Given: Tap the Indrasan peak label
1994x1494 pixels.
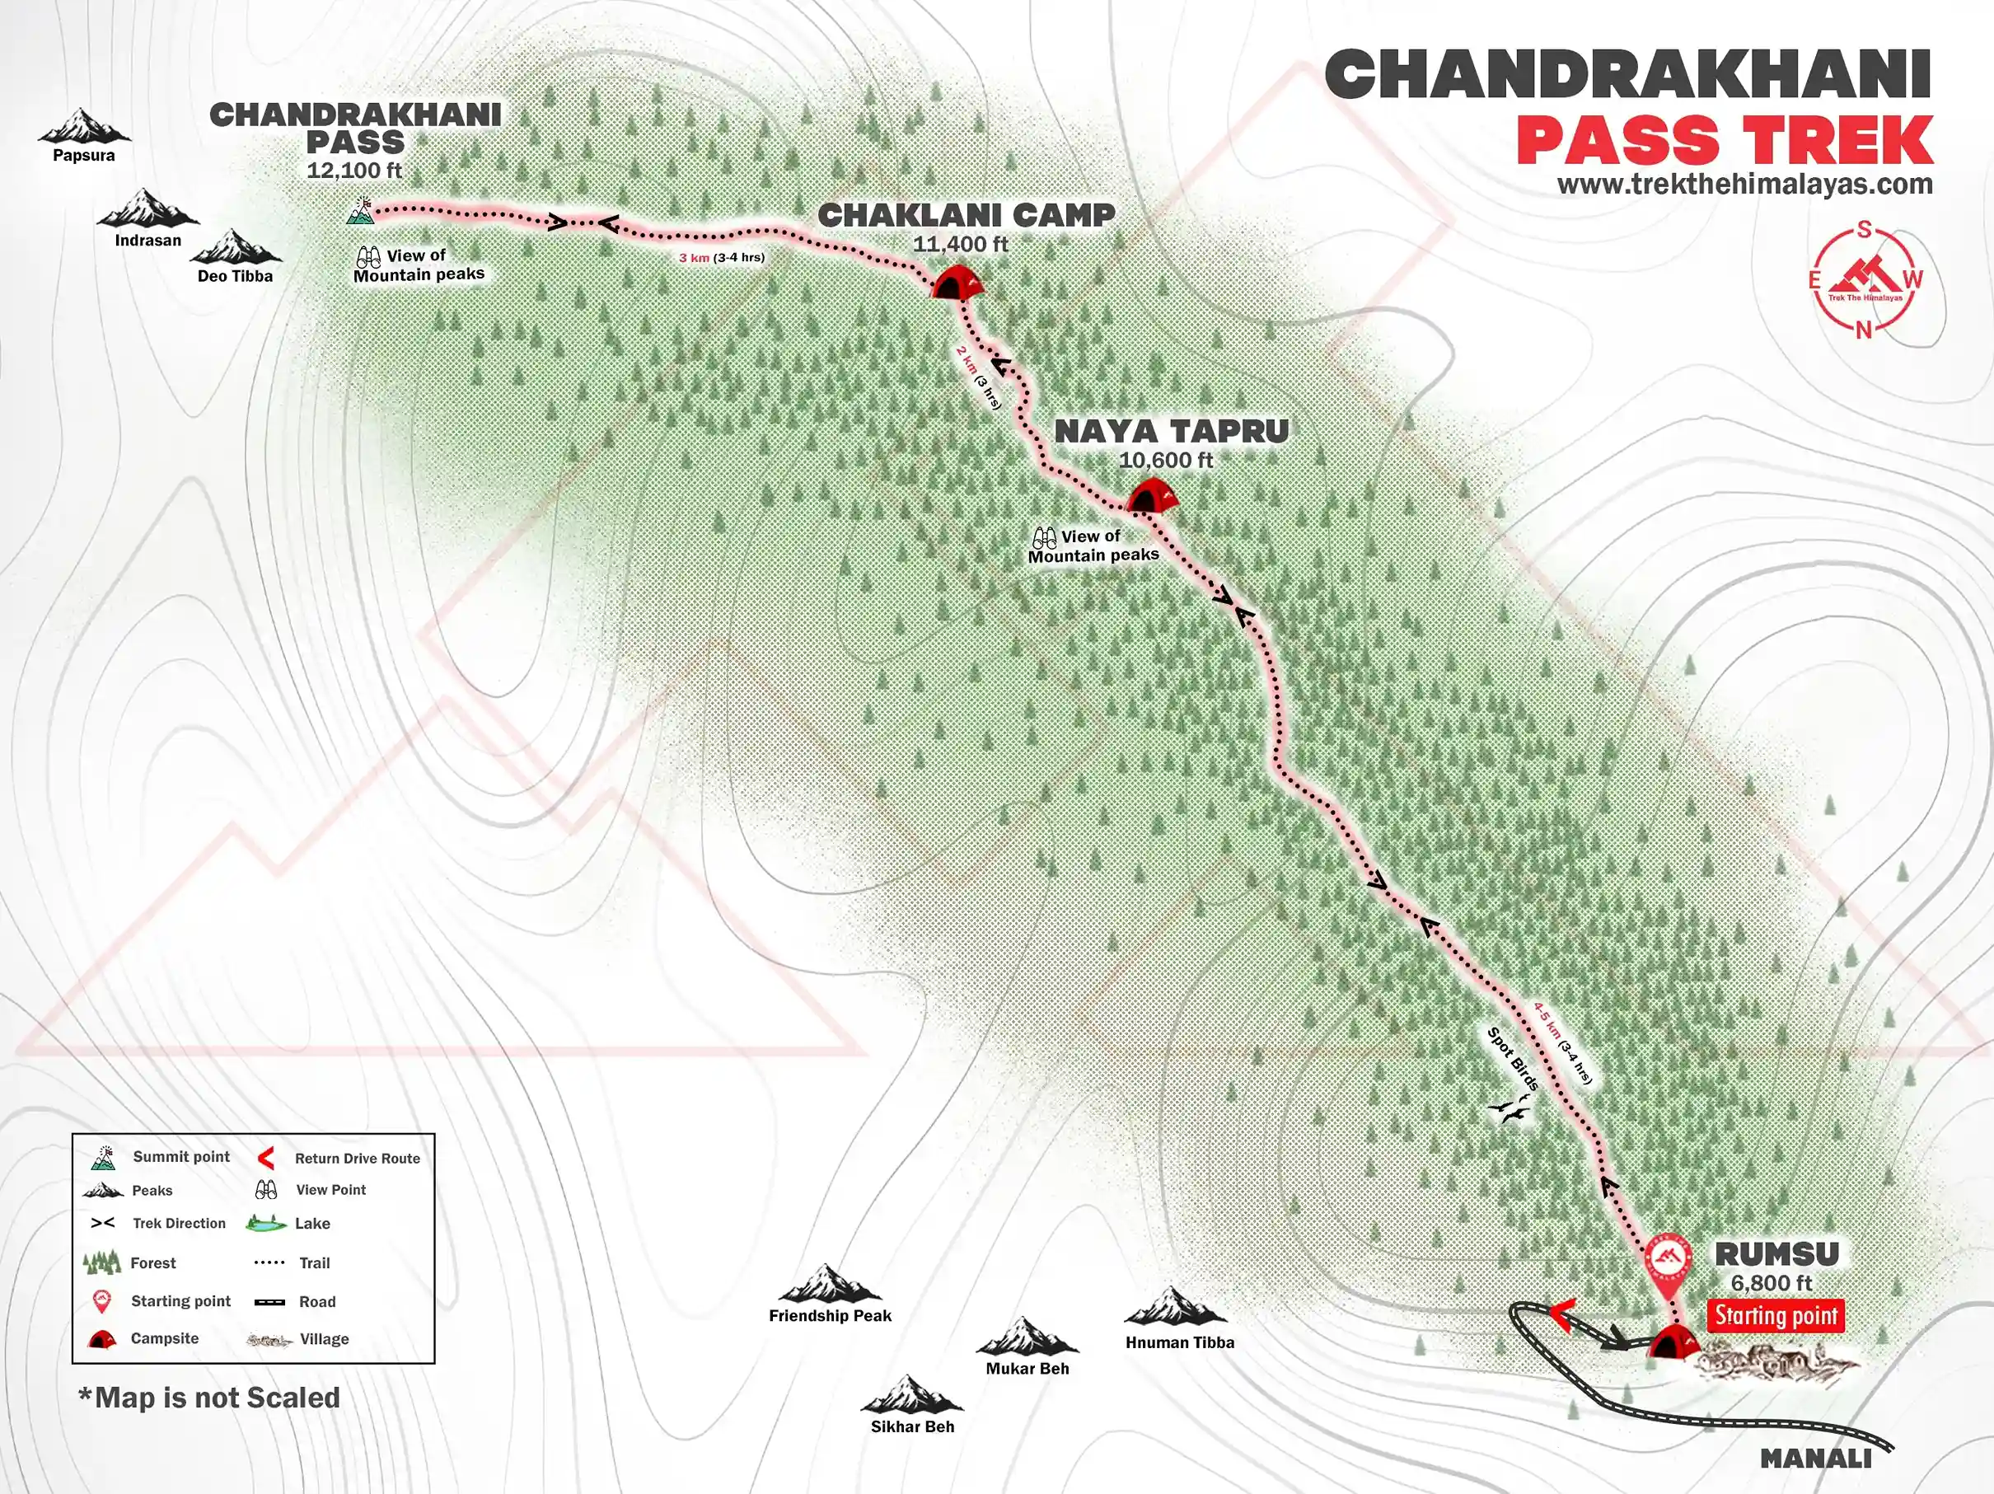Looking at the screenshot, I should tap(147, 241).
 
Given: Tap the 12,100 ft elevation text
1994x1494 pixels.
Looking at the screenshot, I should tap(354, 171).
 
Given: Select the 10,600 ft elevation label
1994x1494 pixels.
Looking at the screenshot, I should tap(1166, 460).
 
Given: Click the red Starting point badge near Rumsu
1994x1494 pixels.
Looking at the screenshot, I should tap(1775, 1315).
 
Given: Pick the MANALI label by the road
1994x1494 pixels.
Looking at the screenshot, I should tap(1815, 1458).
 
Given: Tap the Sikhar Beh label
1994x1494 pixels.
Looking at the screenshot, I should tap(912, 1426).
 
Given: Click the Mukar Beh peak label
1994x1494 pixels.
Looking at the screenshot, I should tap(1027, 1368).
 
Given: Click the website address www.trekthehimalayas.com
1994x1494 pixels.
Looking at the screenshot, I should tap(1744, 185).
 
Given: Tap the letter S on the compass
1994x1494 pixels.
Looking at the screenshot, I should tap(1863, 231).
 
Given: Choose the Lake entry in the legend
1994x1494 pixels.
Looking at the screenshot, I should tap(312, 1224).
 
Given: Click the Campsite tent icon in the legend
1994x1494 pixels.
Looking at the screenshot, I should tap(102, 1339).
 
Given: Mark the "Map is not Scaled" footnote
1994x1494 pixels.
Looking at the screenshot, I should tap(209, 1398).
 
